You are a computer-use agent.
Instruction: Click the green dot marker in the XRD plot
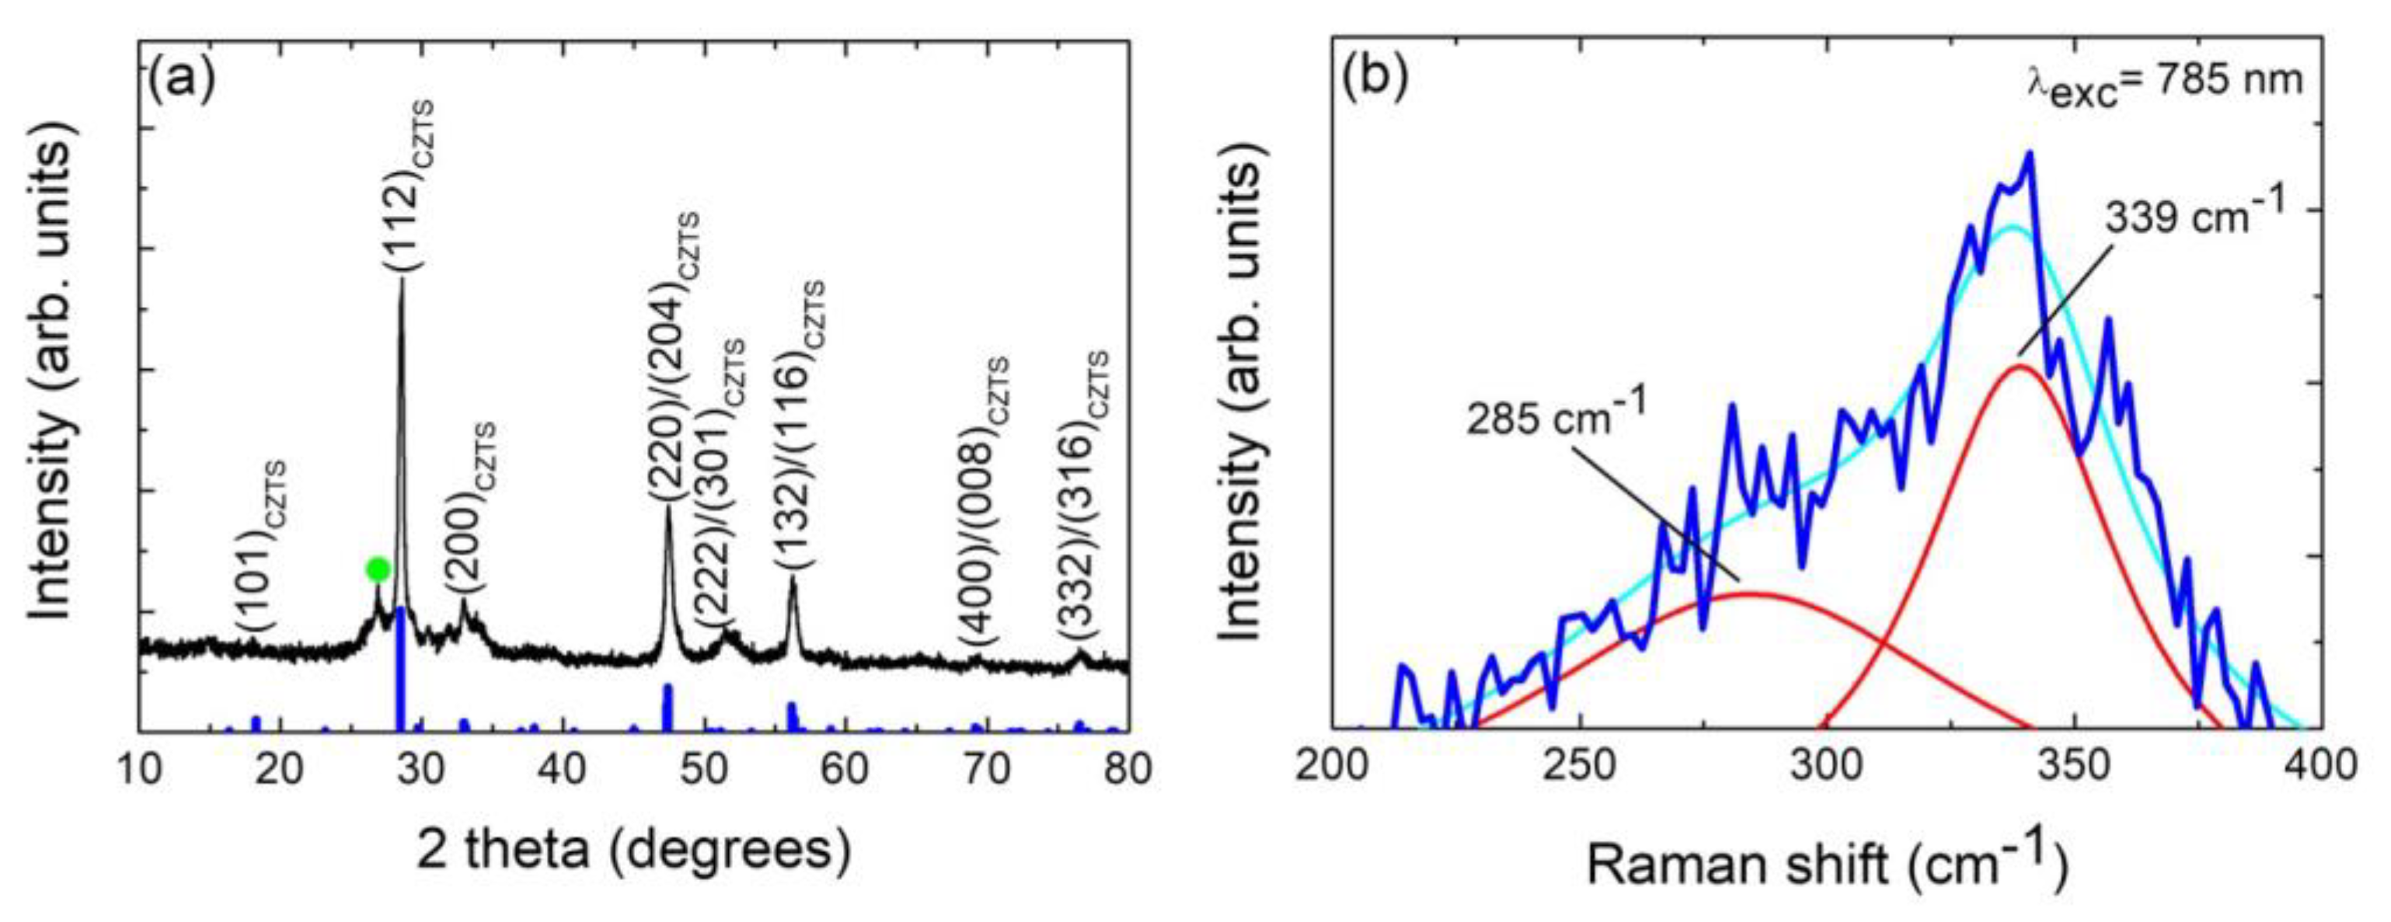[x=377, y=568]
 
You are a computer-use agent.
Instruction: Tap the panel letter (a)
[x=181, y=80]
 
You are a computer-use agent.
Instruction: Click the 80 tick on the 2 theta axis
[x=1127, y=769]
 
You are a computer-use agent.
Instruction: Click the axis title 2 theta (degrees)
[x=634, y=851]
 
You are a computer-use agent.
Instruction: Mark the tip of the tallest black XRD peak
[x=402, y=279]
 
